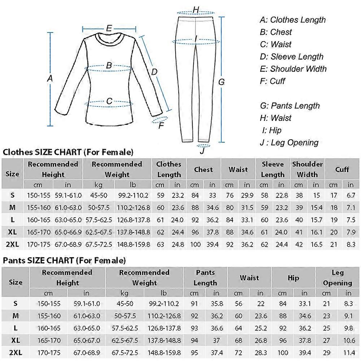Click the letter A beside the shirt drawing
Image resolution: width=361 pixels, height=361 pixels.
tap(50, 78)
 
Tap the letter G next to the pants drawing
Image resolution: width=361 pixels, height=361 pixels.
tap(222, 82)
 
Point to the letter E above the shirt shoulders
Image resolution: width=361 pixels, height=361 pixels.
tap(109, 28)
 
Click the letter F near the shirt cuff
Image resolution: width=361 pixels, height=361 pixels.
tap(161, 126)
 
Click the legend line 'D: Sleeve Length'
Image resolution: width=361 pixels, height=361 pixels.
tap(292, 57)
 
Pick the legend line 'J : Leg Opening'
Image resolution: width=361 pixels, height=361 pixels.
tap(289, 143)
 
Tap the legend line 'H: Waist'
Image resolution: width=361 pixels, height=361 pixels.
tap(276, 118)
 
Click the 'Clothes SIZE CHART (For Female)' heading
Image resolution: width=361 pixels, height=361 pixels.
tap(68, 152)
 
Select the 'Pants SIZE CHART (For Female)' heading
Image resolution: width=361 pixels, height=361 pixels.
tap(65, 260)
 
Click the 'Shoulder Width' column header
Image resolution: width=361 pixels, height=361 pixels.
tap(307, 169)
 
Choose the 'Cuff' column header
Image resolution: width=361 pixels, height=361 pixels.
tap(342, 169)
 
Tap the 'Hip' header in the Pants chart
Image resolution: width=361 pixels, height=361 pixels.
tap(293, 278)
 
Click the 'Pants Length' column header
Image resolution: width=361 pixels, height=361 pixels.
tap(205, 278)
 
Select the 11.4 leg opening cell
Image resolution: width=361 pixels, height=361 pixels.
tap(348, 352)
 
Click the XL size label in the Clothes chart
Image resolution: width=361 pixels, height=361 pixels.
tap(12, 231)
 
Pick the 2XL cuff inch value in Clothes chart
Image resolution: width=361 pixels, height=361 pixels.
tap(351, 244)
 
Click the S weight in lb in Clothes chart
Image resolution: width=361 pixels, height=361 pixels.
tap(133, 195)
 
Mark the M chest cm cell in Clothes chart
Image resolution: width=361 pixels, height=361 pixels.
tap(195, 208)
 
